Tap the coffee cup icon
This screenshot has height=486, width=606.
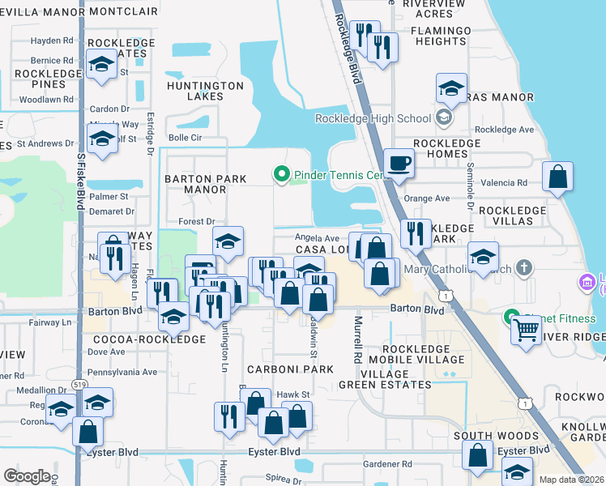point(398,163)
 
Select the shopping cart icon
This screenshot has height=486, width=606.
point(526,330)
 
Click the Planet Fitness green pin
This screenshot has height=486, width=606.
point(511,318)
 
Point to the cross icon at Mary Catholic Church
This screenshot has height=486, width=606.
point(524,267)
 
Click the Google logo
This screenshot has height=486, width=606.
point(27,476)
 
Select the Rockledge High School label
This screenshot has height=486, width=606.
point(373,119)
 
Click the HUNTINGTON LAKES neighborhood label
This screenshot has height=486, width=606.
point(205,91)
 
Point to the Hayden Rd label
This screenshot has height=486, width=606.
point(52,40)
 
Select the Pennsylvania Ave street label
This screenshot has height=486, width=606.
point(122,372)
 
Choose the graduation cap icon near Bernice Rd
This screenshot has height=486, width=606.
point(101,65)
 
